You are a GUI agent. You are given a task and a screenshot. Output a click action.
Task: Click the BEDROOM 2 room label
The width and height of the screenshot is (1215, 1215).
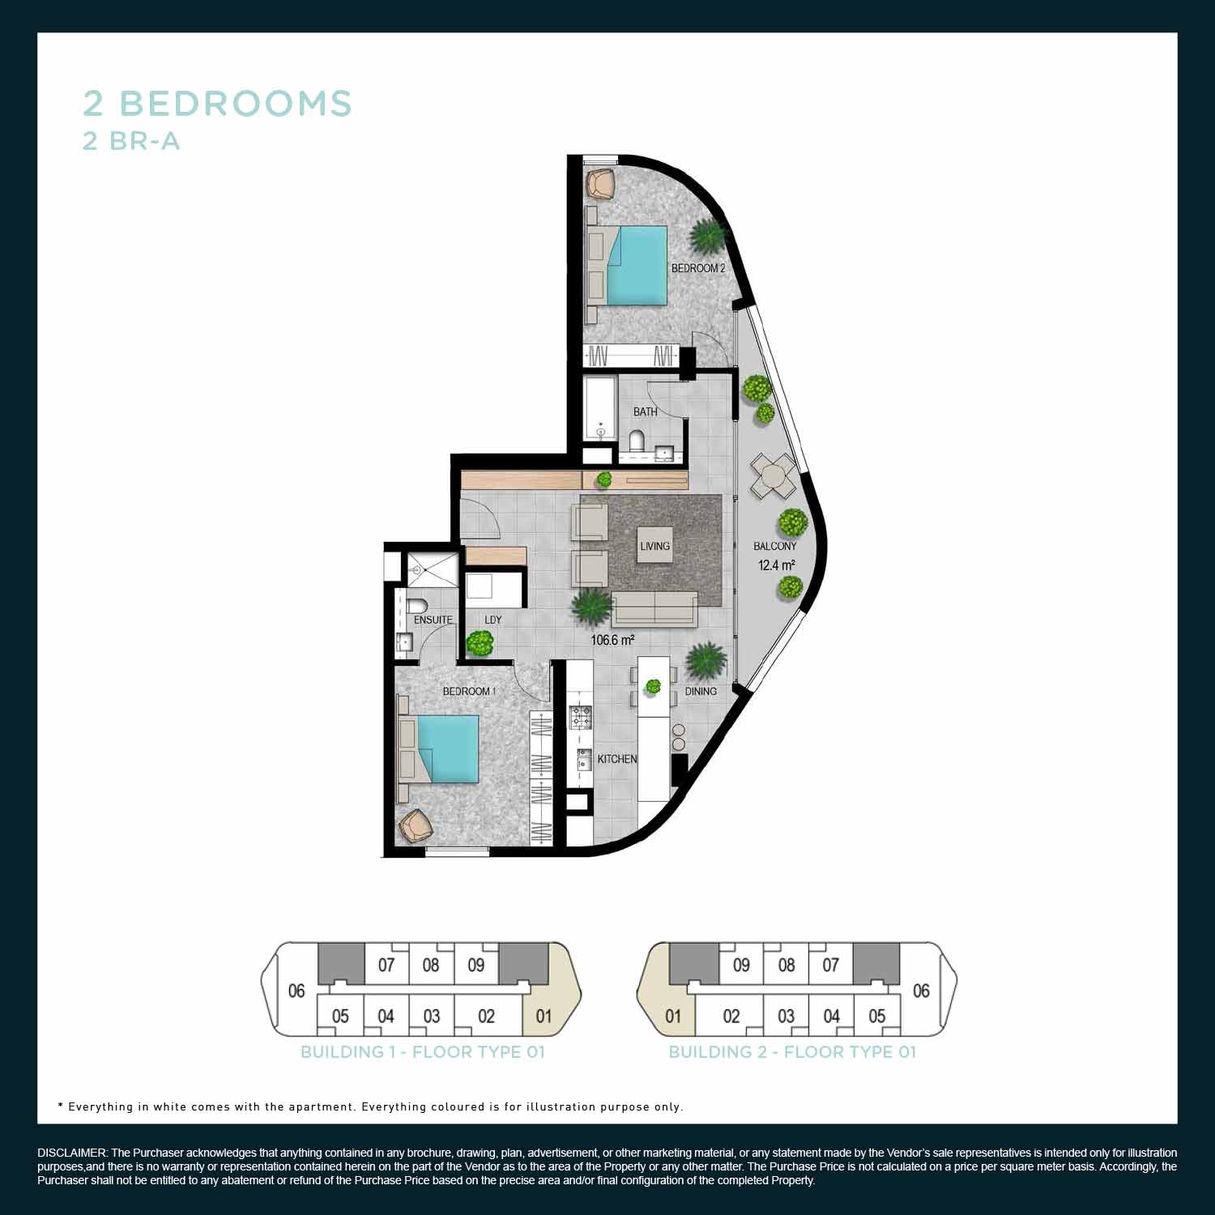(697, 268)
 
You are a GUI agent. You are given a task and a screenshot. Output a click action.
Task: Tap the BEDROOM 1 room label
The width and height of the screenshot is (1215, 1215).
(469, 691)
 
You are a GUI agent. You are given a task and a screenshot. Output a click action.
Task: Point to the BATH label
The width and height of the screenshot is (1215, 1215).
(645, 411)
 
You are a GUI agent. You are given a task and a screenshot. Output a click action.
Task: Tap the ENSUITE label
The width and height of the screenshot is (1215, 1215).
(433, 620)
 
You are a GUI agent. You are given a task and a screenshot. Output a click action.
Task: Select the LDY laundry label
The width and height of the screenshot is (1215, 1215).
(492, 620)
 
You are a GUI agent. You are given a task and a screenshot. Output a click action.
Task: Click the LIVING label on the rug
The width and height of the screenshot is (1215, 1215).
(654, 546)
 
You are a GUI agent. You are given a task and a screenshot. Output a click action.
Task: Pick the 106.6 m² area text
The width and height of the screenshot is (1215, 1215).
(612, 640)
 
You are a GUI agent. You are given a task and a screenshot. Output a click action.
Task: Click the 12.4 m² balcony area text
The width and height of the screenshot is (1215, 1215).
(776, 565)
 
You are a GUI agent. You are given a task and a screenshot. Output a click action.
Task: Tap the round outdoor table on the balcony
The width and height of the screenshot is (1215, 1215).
(773, 475)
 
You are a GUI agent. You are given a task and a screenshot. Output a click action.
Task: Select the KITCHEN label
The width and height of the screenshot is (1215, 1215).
(617, 759)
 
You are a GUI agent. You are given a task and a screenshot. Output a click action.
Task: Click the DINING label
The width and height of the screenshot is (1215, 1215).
(701, 691)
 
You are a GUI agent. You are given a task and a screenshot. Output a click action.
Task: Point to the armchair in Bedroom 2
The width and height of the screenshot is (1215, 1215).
(600, 182)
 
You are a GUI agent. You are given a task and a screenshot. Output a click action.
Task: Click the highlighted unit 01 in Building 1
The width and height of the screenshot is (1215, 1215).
(544, 1016)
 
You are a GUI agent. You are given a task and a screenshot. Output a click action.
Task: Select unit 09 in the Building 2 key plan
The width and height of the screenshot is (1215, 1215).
(740, 965)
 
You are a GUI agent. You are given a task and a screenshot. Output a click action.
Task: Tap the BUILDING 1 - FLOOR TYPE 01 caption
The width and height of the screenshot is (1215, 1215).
(422, 1052)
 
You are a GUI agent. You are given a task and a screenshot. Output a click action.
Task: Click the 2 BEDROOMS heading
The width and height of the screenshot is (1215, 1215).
(217, 104)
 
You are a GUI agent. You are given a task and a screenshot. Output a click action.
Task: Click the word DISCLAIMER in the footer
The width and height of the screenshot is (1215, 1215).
(71, 1153)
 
